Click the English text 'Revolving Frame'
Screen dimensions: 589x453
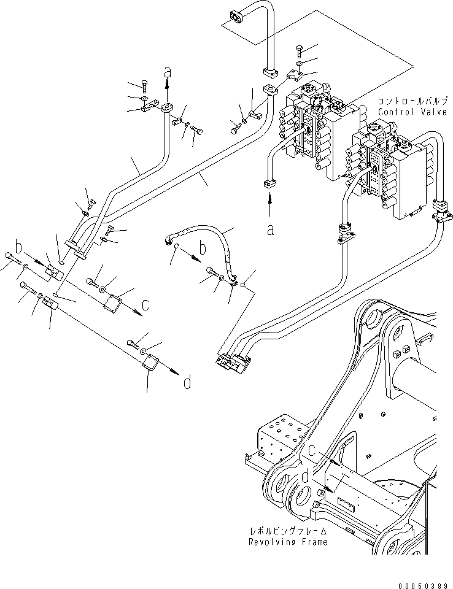click(x=288, y=542)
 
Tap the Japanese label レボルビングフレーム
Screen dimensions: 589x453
click(x=288, y=531)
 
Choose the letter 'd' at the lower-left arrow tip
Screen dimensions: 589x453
click(x=187, y=383)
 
